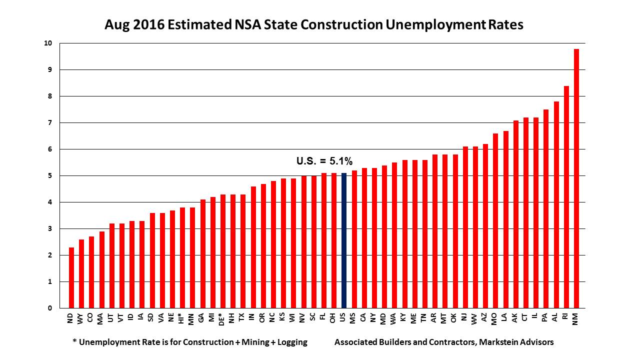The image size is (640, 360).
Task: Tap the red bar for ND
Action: point(71,277)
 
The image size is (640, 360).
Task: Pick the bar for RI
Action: point(566,197)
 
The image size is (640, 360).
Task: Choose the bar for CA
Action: point(364,238)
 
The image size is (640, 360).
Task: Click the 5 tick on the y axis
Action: point(50,176)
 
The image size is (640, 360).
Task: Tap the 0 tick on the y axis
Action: point(50,308)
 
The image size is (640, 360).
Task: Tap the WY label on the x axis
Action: point(81,317)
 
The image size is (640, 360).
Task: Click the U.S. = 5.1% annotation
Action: point(324,161)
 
